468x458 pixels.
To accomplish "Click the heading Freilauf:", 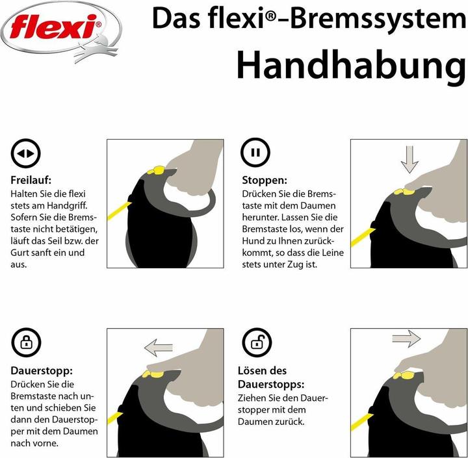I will click(x=31, y=180).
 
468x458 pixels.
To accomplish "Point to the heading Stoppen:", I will click(x=265, y=180).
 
